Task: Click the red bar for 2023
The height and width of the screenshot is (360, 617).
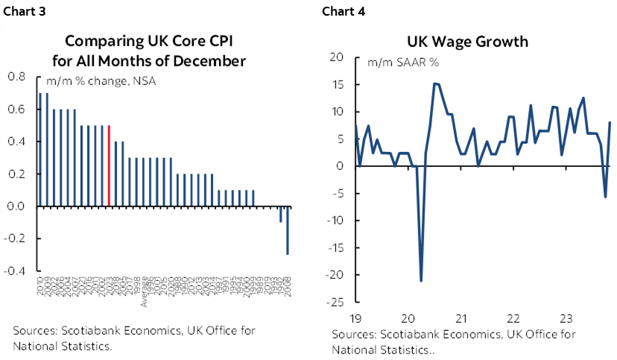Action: click(x=110, y=165)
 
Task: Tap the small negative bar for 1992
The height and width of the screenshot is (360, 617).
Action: click(x=281, y=214)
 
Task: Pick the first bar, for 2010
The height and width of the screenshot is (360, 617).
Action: click(x=40, y=149)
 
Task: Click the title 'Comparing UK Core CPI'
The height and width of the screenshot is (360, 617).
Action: click(x=154, y=42)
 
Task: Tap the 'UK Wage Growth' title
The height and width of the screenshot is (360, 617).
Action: click(x=467, y=42)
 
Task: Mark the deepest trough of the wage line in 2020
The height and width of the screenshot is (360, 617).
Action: click(x=421, y=280)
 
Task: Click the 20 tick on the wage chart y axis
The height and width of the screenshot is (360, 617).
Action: click(x=336, y=57)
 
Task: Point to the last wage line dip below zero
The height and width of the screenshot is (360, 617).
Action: click(x=605, y=196)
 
